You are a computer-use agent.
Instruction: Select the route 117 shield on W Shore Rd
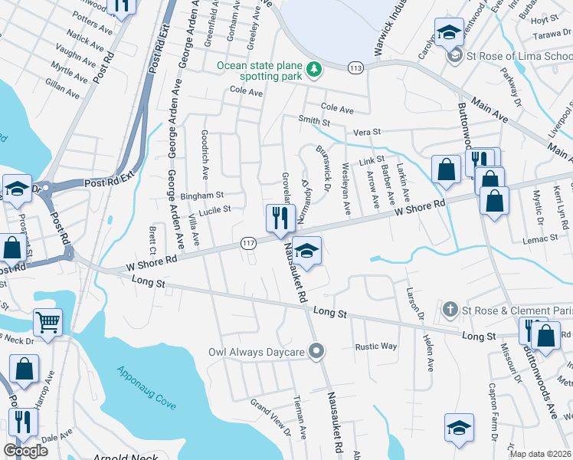[x=249, y=242]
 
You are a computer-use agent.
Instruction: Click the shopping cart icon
[x=47, y=322]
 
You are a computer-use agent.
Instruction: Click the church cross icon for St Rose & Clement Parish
[x=452, y=310]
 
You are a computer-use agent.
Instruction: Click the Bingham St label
[x=201, y=195]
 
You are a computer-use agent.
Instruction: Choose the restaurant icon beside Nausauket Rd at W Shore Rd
[x=280, y=217]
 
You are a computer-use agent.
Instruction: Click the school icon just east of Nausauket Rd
[x=306, y=251]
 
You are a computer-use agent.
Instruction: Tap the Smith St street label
[x=314, y=121]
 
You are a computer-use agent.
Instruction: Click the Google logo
[x=25, y=451]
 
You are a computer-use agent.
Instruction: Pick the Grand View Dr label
[x=271, y=413]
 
